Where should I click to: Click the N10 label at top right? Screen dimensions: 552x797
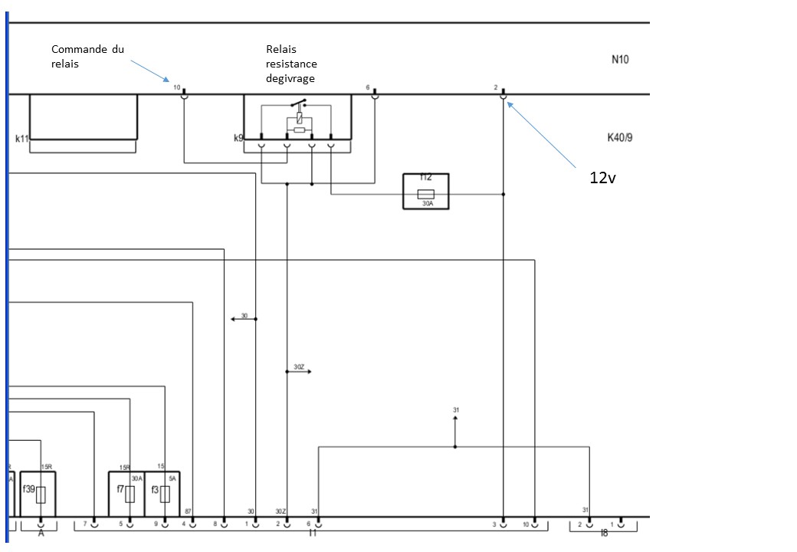coord(620,60)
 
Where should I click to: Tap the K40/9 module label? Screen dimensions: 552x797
coord(619,138)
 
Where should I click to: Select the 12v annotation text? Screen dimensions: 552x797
coord(603,178)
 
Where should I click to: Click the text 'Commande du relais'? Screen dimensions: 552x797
coord(87,56)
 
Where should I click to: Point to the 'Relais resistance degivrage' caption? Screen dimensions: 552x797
coord(291,64)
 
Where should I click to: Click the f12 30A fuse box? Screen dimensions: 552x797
coord(425,192)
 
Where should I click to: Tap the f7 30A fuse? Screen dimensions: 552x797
coord(126,493)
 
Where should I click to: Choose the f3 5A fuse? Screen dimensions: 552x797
coord(162,493)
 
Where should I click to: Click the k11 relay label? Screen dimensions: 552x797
coord(21,139)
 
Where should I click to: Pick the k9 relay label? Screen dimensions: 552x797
coord(238,139)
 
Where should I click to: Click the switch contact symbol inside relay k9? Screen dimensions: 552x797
coord(297,104)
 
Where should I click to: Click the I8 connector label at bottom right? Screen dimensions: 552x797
coord(604,533)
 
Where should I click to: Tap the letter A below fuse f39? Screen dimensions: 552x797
coord(41,533)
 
